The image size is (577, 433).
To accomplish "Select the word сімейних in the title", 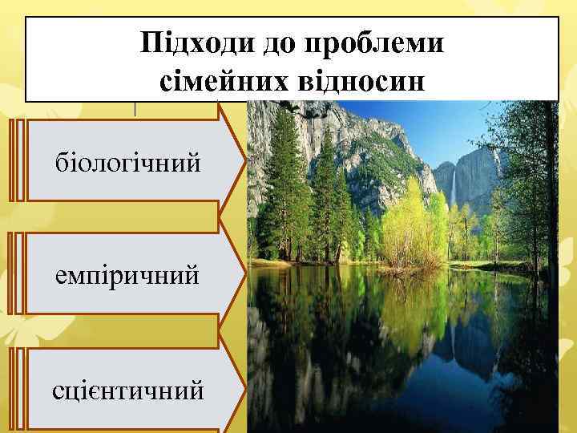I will [x=211, y=79].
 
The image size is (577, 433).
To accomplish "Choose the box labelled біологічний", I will [x=128, y=163].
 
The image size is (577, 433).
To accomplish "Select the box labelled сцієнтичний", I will [x=128, y=391].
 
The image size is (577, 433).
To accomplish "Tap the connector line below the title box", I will [x=135, y=109].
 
